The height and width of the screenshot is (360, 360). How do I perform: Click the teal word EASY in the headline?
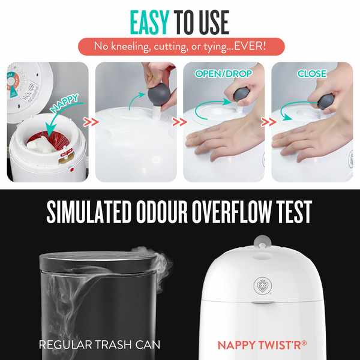pyautogui.click(x=149, y=22)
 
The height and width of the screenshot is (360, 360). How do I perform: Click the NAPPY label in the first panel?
pyautogui.click(x=65, y=103)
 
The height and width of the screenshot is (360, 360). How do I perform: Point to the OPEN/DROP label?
pyautogui.click(x=223, y=73)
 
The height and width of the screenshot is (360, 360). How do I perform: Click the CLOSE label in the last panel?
pyautogui.click(x=312, y=73)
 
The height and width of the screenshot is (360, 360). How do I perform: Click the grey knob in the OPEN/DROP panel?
pyautogui.click(x=242, y=94)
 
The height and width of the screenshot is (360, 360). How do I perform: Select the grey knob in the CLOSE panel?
pyautogui.click(x=326, y=102)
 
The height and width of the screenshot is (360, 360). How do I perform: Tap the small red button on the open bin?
pyautogui.click(x=72, y=170)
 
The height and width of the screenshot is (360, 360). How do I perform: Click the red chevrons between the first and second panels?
pyautogui.click(x=91, y=122)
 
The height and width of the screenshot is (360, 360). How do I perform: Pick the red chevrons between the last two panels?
pyautogui.click(x=268, y=122)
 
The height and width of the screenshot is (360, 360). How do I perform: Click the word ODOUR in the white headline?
pyautogui.click(x=162, y=211)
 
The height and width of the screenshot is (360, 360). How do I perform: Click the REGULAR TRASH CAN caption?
pyautogui.click(x=100, y=344)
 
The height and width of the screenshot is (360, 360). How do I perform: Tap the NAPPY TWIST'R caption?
pyautogui.click(x=262, y=345)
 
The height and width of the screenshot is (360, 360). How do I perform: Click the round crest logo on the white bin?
pyautogui.click(x=263, y=286)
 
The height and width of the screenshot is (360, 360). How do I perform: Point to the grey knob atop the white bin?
pyautogui.click(x=262, y=242)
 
